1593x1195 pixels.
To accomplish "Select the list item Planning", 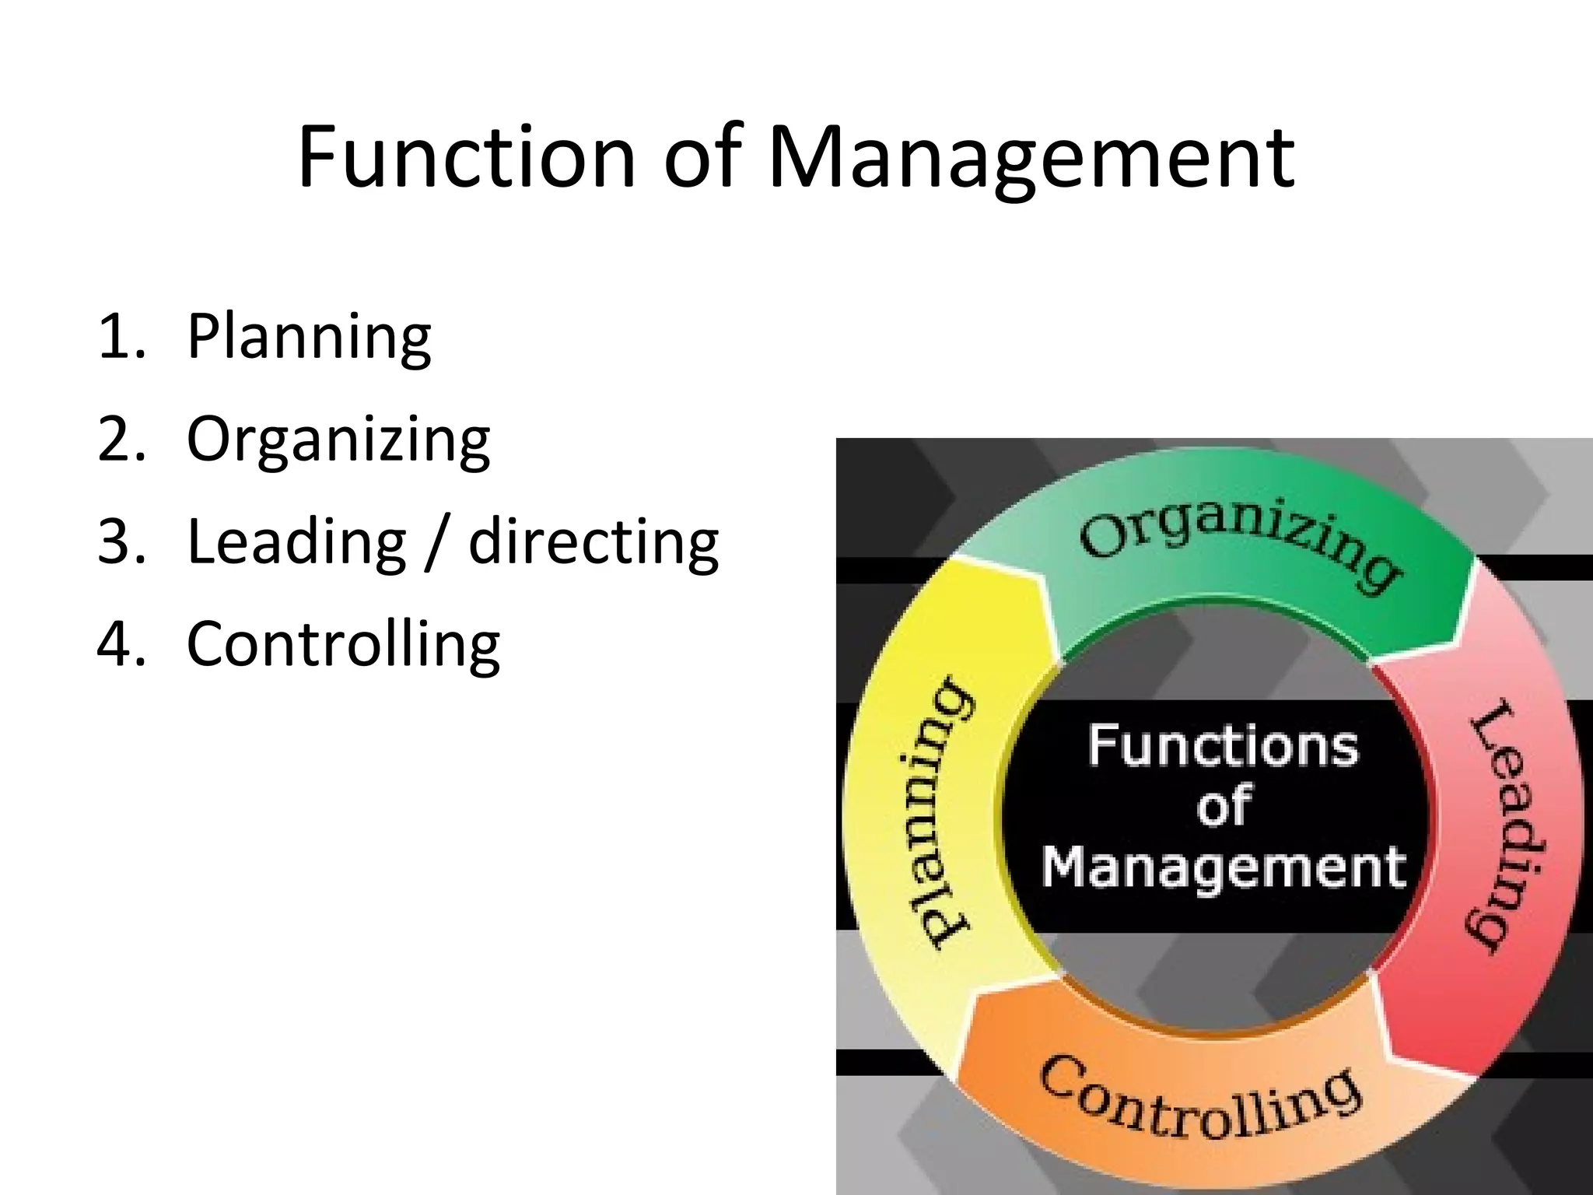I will point(309,337).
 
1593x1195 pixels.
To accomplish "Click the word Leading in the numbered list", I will point(296,542).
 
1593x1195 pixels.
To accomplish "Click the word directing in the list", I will point(593,542).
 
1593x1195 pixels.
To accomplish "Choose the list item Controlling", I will point(343,645).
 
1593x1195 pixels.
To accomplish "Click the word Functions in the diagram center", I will point(1223,745).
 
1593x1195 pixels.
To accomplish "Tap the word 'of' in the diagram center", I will point(1223,806).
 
